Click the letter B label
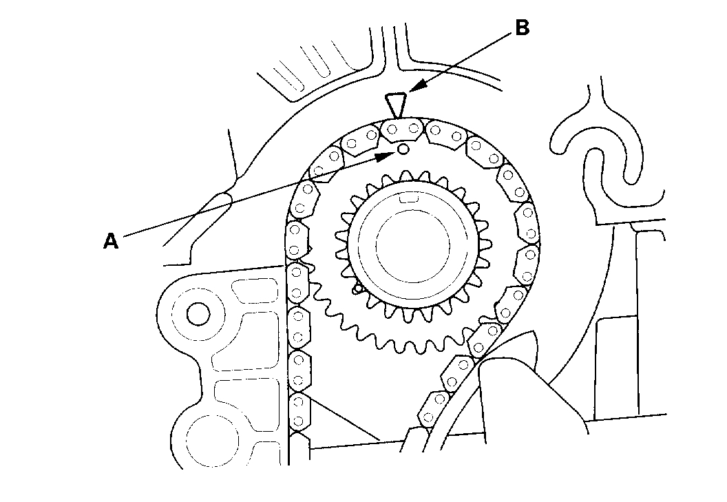(x=523, y=28)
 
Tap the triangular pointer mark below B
(x=394, y=105)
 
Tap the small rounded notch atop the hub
(x=409, y=199)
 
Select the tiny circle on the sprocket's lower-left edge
(x=357, y=289)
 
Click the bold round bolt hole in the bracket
(x=198, y=314)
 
